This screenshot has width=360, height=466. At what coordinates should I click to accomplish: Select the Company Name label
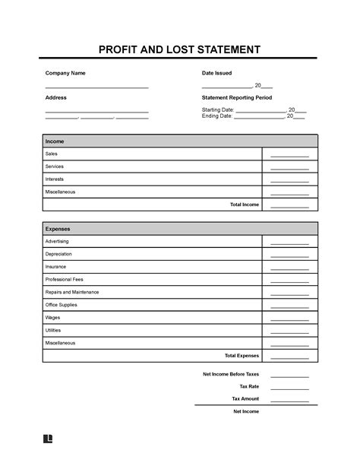(65, 73)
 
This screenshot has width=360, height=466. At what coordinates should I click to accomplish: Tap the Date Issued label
(216, 73)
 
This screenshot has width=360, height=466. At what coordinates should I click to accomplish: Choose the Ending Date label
(216, 116)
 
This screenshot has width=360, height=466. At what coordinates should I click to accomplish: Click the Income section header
(55, 141)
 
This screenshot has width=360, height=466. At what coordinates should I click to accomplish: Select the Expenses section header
(58, 228)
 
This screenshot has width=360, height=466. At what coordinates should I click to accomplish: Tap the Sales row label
(52, 154)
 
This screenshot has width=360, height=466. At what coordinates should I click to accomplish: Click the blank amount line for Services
(289, 168)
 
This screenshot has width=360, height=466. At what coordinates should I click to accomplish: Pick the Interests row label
(55, 179)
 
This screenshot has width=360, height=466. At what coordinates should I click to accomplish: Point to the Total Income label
(244, 205)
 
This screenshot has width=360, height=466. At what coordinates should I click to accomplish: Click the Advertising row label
(58, 241)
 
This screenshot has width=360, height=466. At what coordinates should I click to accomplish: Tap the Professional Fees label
(64, 279)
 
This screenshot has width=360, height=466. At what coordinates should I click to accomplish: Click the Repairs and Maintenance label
(72, 292)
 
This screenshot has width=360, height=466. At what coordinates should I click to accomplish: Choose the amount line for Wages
(289, 319)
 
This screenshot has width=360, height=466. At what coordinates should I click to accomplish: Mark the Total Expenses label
(242, 356)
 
